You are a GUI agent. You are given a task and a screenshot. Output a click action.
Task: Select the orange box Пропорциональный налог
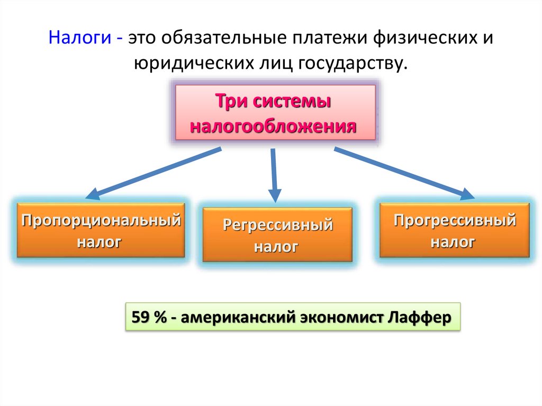pyautogui.click(x=101, y=230)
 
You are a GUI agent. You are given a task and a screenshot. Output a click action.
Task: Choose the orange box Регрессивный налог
pyautogui.click(x=277, y=235)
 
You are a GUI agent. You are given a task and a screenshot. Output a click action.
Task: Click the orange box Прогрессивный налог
pyautogui.click(x=454, y=230)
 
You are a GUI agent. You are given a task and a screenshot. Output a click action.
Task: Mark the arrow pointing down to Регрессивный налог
pyautogui.click(x=274, y=175)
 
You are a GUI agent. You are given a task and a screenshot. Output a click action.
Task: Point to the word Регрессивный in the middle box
pyautogui.click(x=277, y=225)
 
